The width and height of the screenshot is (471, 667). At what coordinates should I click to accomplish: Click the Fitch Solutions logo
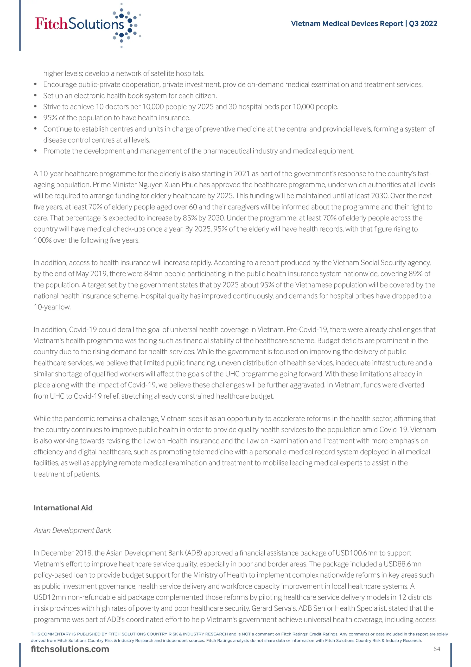click(x=87, y=24)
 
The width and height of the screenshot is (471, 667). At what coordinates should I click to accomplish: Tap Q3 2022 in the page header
click(x=423, y=23)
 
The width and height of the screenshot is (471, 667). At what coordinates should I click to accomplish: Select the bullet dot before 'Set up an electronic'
click(x=35, y=96)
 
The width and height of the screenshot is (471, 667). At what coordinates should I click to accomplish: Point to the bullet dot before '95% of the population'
click(x=35, y=118)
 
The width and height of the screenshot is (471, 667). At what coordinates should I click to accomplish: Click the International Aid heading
click(x=63, y=508)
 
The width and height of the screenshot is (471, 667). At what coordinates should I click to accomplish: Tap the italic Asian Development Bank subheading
click(x=72, y=530)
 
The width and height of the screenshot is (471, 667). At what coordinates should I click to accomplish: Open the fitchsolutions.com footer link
click(x=70, y=649)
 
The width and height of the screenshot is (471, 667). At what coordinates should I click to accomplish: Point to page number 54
click(x=437, y=649)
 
